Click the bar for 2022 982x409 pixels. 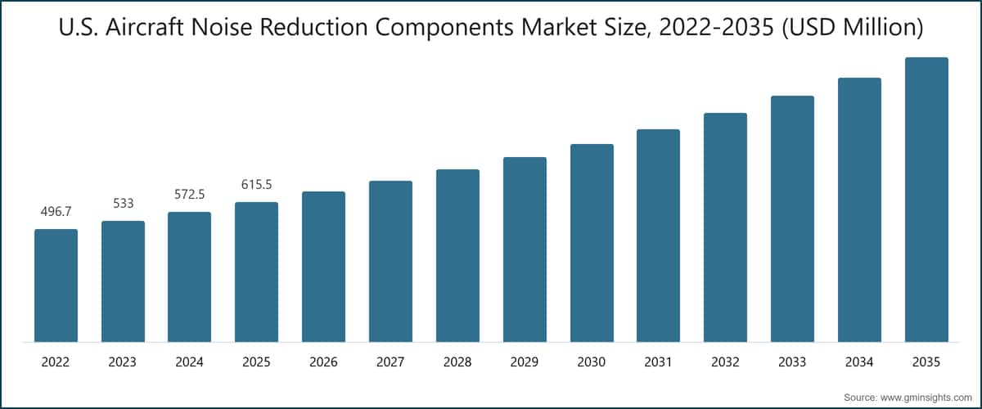click(x=56, y=285)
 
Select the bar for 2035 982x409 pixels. click(x=926, y=200)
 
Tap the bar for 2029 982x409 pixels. click(x=525, y=249)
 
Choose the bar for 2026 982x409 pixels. click(x=323, y=267)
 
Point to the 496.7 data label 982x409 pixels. click(x=56, y=212)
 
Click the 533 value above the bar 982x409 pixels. click(x=123, y=204)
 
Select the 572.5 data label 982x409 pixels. click(x=190, y=195)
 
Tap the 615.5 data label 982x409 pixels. click(x=256, y=185)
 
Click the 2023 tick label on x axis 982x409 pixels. click(x=123, y=361)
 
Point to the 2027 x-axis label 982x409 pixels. click(x=390, y=361)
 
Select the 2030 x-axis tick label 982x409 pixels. click(x=592, y=361)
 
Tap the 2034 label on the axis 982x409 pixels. click(x=859, y=361)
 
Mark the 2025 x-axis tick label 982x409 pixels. click(x=256, y=361)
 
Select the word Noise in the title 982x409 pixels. click(x=232, y=29)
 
